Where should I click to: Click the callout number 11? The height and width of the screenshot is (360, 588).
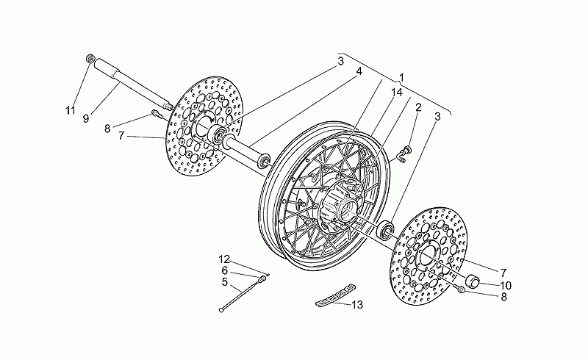[70, 111]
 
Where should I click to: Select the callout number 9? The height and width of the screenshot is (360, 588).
[86, 119]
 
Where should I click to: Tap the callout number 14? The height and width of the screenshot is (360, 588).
[397, 93]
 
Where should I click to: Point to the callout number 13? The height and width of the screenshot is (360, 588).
[358, 305]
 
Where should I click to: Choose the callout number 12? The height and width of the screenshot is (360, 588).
[224, 259]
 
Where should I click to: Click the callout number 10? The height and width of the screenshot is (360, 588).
[506, 286]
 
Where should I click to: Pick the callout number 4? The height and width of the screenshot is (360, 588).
[359, 71]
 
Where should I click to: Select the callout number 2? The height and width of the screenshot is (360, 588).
[418, 107]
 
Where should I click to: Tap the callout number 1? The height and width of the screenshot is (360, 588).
[401, 78]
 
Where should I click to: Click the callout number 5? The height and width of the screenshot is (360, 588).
[225, 282]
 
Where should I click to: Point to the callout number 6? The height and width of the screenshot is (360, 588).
[225, 270]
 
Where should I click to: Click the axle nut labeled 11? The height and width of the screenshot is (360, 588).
[90, 59]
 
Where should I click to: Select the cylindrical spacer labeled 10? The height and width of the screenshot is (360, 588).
[473, 281]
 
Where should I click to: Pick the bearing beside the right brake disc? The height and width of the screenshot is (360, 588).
[386, 230]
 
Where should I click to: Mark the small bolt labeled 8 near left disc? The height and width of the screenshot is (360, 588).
[156, 113]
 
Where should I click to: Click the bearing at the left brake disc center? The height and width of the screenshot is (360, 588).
[218, 134]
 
